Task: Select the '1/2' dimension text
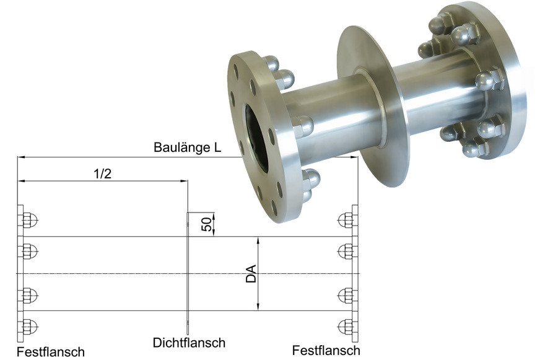[x=102, y=173]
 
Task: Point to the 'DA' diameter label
[x=251, y=273]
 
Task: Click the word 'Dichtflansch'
[x=189, y=342]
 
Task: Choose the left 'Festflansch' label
[x=50, y=352]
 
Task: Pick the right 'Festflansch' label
[x=326, y=350]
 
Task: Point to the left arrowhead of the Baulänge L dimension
[x=20, y=157]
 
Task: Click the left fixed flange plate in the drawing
[x=20, y=273]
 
